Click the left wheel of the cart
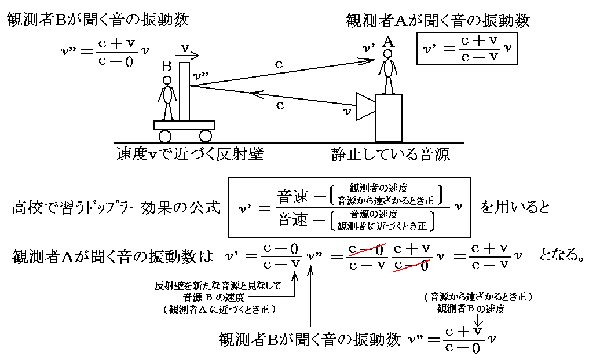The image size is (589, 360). (x=165, y=136)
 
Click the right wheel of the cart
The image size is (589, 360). (x=205, y=136)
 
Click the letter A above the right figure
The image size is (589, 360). (x=389, y=42)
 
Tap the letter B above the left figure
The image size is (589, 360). (x=166, y=67)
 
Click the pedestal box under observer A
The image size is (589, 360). (x=389, y=118)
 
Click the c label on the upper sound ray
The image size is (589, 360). (x=279, y=65)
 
